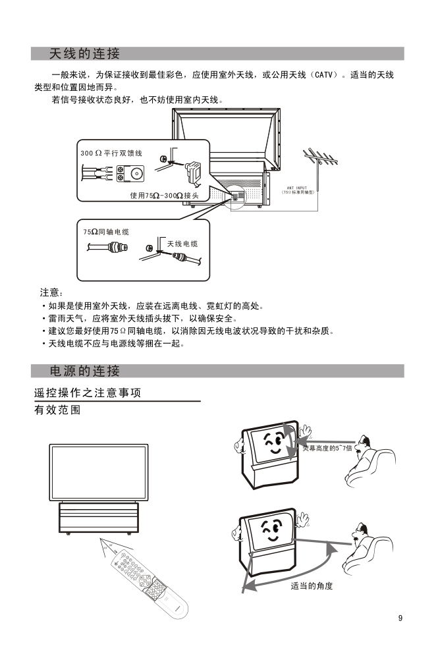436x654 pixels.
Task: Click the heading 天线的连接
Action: [84, 53]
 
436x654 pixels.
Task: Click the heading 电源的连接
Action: [84, 371]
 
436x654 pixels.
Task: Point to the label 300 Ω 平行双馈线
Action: [111, 153]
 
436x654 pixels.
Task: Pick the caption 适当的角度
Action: [312, 586]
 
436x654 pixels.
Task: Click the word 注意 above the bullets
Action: [51, 292]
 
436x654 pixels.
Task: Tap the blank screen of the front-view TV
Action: [98, 472]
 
